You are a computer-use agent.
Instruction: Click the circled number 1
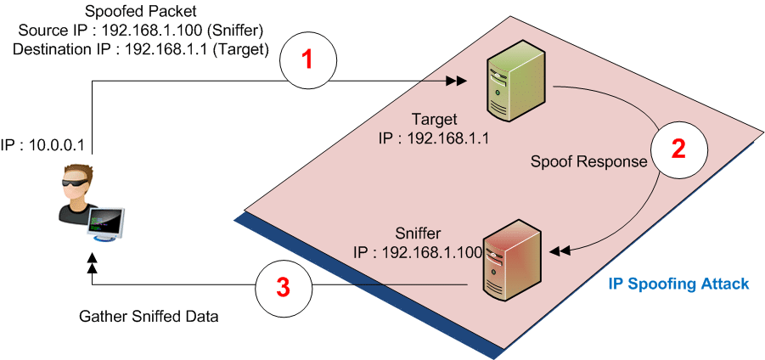308,60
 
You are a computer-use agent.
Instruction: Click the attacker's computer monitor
111,222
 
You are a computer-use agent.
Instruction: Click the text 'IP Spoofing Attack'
678,284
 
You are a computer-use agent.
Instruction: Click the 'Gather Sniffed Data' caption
149,317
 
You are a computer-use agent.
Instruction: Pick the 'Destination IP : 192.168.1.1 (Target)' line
141,49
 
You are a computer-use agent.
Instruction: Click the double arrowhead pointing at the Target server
456,82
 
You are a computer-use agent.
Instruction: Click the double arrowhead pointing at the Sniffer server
560,251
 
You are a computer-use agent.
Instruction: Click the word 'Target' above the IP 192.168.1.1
434,119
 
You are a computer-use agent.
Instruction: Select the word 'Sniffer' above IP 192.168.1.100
419,233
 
